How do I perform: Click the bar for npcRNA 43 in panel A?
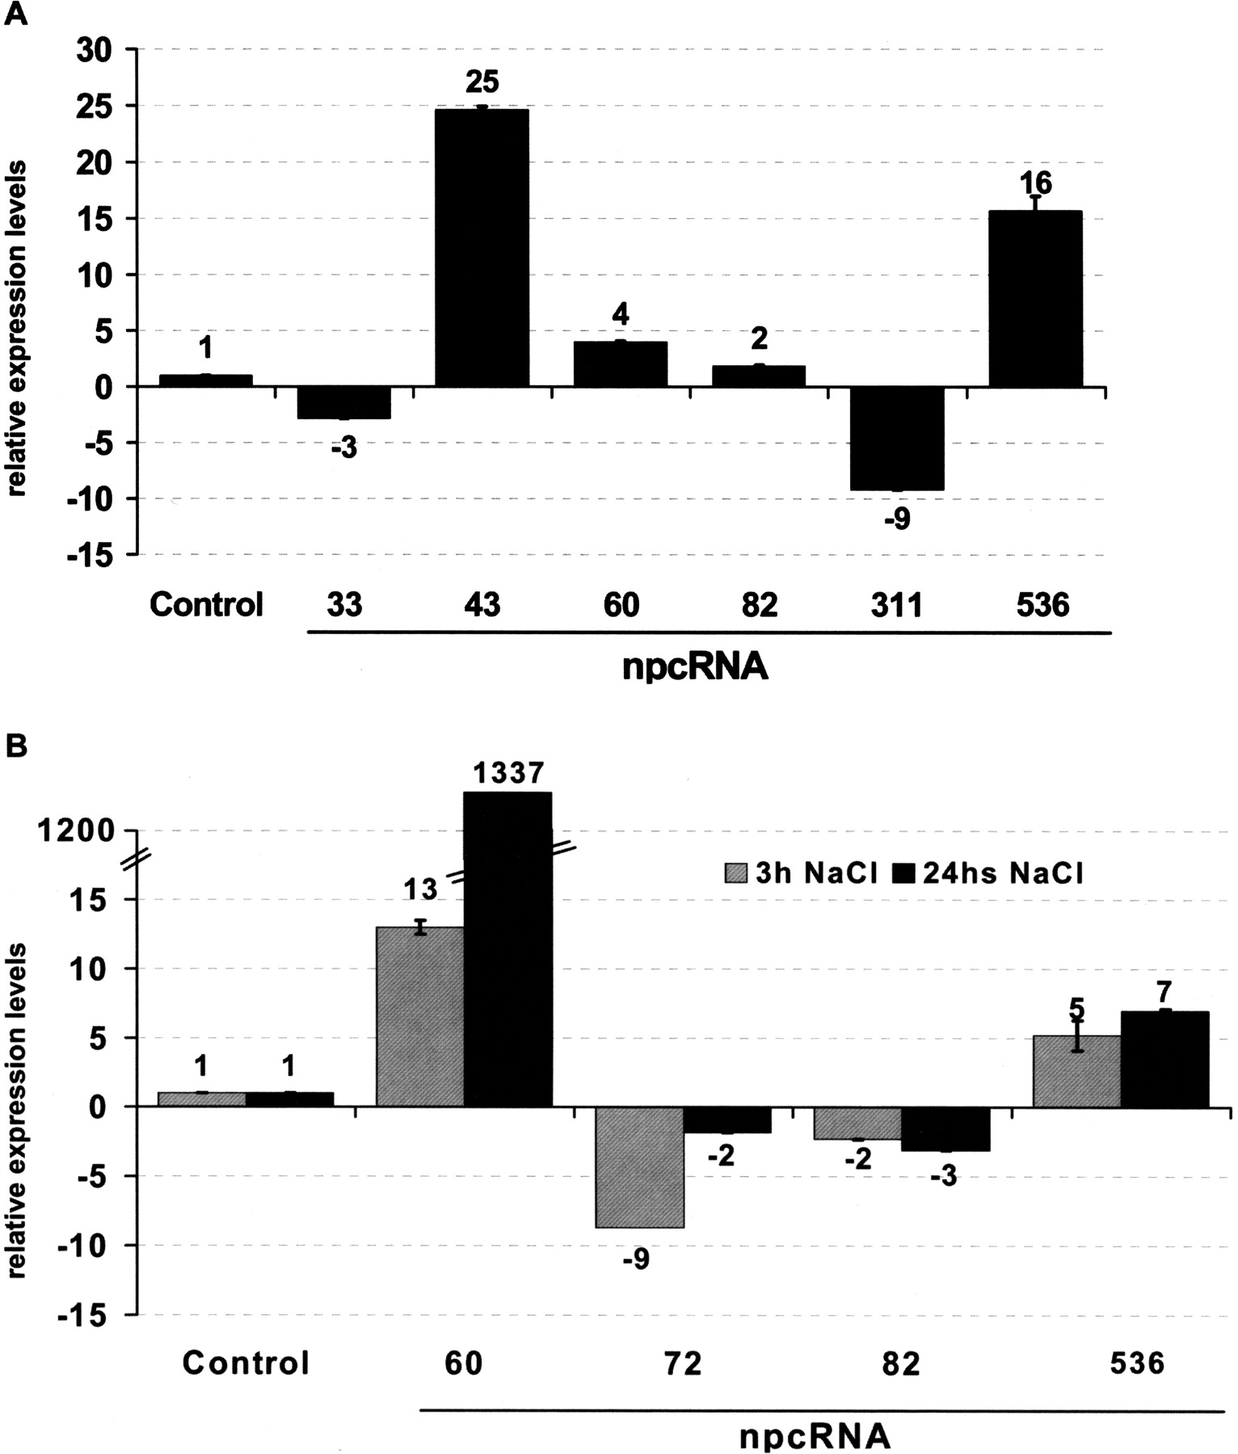coord(482,247)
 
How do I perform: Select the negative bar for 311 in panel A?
coord(897,438)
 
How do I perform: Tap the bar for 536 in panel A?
coord(1035,299)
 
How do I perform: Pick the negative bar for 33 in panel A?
coord(344,402)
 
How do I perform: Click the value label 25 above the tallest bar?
coord(482,82)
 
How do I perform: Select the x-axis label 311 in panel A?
coord(897,604)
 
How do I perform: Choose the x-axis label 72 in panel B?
coord(683,1364)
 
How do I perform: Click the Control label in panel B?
coord(246,1364)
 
